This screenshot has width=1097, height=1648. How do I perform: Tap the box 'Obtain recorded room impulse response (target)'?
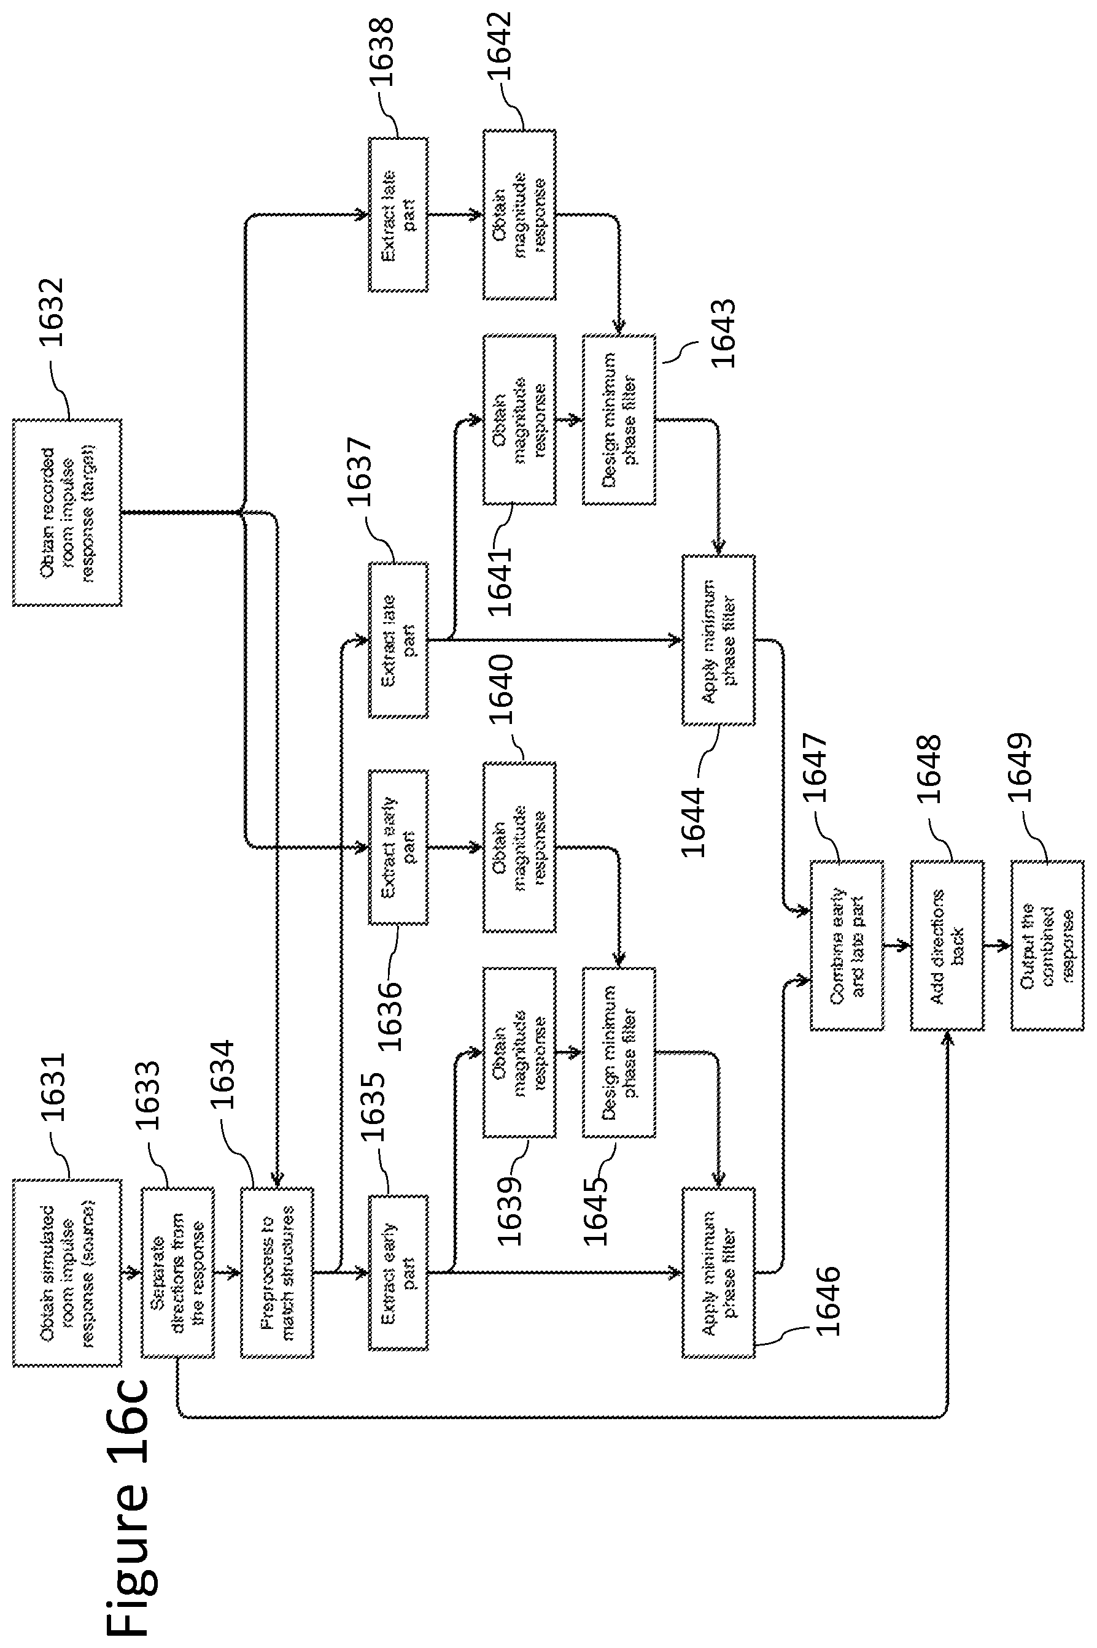[67, 512]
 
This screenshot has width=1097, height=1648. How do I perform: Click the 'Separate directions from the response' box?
[177, 1273]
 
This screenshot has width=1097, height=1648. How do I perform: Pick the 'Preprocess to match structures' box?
[277, 1273]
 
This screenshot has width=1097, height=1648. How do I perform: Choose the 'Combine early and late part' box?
[847, 945]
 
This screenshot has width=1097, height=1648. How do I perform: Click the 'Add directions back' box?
[947, 945]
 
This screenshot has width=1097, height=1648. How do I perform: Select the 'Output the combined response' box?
[1047, 945]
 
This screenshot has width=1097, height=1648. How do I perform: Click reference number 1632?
[51, 312]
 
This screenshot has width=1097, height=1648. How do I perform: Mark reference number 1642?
[499, 47]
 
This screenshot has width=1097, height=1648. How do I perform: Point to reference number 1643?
[723, 334]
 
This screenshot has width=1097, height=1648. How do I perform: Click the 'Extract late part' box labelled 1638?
[398, 215]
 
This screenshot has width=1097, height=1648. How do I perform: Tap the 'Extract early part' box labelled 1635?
[398, 1273]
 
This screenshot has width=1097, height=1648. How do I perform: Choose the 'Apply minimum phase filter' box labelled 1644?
[718, 640]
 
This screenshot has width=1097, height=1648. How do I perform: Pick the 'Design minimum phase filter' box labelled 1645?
[619, 1052]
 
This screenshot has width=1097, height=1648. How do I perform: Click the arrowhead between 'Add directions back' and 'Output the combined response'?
[1006, 945]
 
